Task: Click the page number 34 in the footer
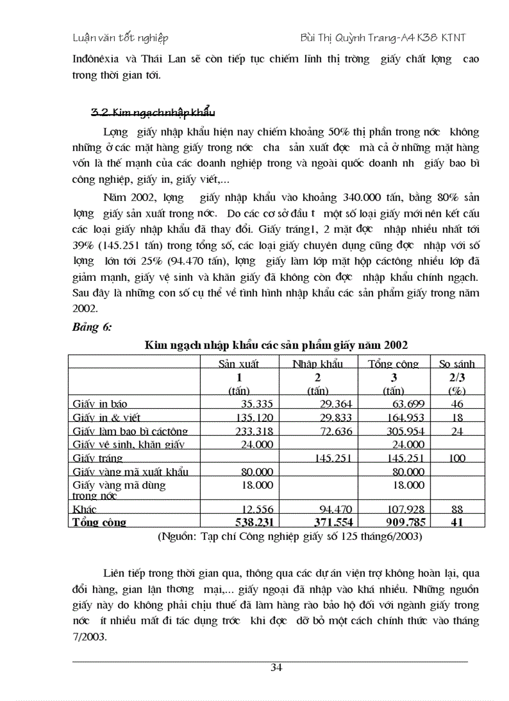(276, 668)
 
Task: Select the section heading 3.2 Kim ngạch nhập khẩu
(153, 112)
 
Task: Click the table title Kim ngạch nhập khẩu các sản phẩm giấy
(277, 345)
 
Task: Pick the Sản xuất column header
(238, 363)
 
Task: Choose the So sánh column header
(457, 363)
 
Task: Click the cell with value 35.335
(252, 404)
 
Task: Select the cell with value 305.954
(404, 431)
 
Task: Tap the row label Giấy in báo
(100, 404)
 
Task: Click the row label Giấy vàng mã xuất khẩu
(130, 471)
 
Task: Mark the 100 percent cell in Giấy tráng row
(457, 458)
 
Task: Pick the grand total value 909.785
(404, 522)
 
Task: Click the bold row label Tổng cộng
(99, 522)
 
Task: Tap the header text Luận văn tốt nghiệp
(120, 38)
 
